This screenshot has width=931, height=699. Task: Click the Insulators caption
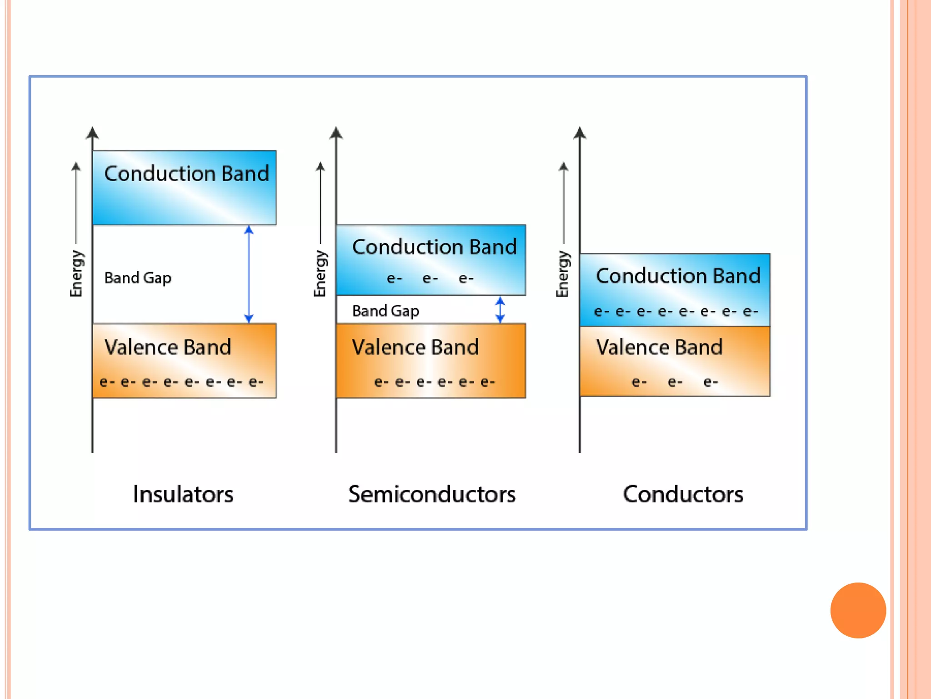coord(183,494)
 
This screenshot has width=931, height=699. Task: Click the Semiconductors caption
coord(432,494)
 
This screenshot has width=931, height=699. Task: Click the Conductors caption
coord(683,494)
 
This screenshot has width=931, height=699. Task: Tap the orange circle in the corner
coord(858,610)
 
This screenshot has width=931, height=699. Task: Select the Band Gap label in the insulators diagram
coord(138,278)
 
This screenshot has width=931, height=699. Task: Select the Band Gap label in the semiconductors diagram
coord(385,311)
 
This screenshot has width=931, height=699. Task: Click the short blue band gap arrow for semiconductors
coord(500,310)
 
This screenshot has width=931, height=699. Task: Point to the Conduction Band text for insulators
coord(186,173)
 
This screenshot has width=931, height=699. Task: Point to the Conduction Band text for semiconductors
coord(434,247)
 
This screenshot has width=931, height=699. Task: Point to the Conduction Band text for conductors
coord(678,276)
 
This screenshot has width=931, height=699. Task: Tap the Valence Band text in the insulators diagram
coord(168,347)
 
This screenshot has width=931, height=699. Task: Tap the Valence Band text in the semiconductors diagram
coord(415,347)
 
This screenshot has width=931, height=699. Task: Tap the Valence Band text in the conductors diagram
coord(659,347)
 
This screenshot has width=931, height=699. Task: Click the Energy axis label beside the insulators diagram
coord(76,273)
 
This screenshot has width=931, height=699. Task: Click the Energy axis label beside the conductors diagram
coord(563,273)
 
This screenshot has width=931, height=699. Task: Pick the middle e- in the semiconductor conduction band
coord(430,278)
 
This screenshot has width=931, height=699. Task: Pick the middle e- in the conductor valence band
coord(675,382)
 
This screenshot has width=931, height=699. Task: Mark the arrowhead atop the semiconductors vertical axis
coord(336,133)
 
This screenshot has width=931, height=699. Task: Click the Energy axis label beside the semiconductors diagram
coord(320,273)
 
